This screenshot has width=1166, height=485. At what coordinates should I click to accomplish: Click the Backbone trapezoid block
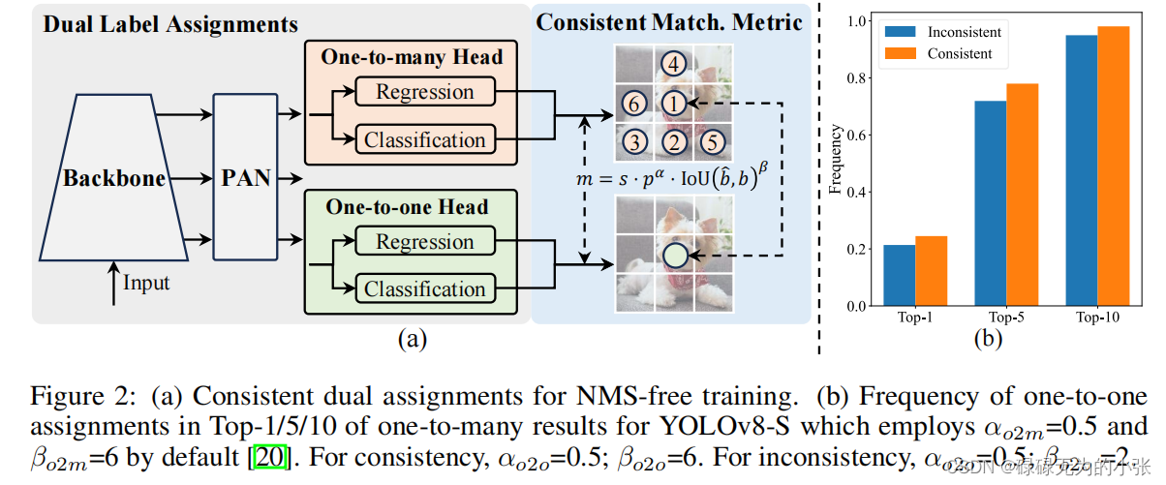(x=113, y=179)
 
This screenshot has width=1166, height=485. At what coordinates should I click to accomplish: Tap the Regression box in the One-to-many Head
(x=425, y=93)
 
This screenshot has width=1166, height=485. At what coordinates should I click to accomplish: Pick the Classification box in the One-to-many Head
(x=425, y=139)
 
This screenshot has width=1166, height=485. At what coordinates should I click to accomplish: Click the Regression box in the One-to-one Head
(x=425, y=242)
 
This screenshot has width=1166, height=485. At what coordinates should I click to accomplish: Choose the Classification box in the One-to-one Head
(x=425, y=288)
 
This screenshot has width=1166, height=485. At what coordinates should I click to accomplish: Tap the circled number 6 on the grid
(x=634, y=103)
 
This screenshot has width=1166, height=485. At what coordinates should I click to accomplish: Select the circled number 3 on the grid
(x=634, y=141)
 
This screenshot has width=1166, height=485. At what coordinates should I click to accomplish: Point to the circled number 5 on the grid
(x=710, y=141)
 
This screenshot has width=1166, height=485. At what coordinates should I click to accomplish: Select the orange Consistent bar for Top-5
(x=1022, y=195)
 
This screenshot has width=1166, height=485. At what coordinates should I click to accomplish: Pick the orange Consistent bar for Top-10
(x=1114, y=166)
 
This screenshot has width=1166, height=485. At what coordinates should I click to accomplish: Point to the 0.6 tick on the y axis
(x=857, y=135)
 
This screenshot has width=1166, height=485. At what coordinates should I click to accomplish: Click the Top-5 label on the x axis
(x=1006, y=317)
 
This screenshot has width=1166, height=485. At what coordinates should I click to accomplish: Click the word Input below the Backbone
(x=146, y=283)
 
